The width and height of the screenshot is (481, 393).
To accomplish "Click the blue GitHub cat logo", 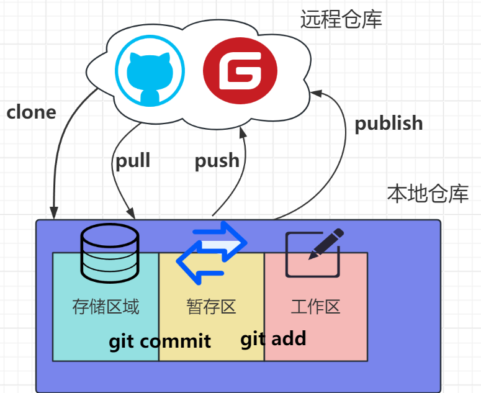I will (150, 70).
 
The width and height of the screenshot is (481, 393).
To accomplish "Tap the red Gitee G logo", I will (240, 71).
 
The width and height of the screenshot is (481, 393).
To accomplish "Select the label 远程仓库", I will (341, 19).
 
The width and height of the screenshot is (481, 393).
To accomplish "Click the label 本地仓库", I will (428, 194).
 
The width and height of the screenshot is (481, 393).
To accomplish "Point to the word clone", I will (31, 112).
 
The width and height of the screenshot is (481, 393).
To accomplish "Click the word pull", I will (133, 160).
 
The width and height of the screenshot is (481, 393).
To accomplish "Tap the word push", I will (217, 161).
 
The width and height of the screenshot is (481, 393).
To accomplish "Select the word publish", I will (389, 123).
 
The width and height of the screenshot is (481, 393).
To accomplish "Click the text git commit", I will (160, 341).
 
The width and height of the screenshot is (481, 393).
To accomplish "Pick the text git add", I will (273, 338).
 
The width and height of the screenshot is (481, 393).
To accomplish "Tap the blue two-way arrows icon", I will (212, 252).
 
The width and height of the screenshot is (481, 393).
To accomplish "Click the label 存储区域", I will (106, 306).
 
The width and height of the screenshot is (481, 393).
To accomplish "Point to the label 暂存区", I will (211, 306).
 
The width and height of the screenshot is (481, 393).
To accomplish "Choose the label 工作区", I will (315, 306).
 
